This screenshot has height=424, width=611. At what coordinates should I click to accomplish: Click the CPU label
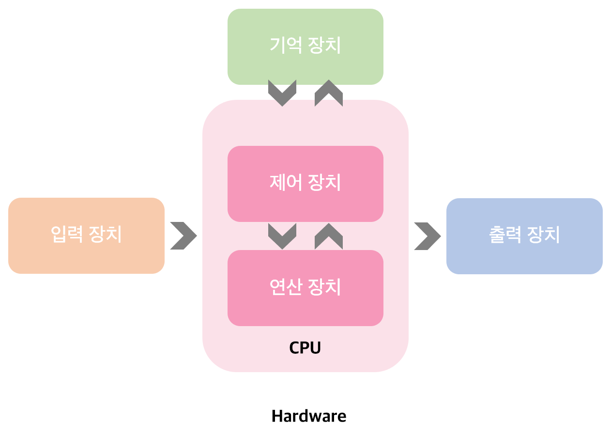[305, 347]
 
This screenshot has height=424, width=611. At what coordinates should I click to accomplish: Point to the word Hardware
[309, 416]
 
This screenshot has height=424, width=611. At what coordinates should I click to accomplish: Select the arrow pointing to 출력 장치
[427, 236]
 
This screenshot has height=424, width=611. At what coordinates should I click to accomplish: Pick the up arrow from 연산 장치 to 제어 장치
[329, 236]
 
